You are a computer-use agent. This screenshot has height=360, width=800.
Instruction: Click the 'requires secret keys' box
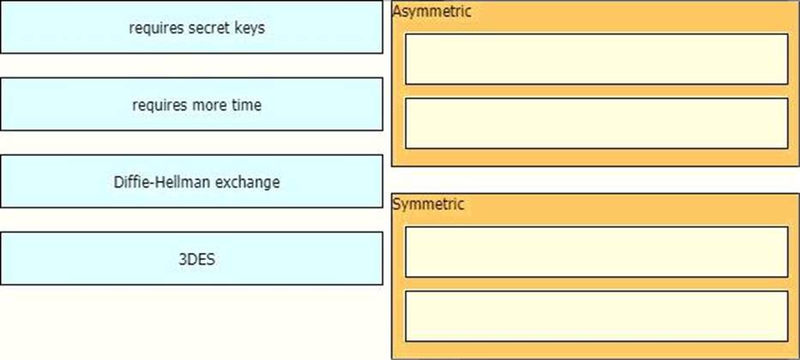point(191,27)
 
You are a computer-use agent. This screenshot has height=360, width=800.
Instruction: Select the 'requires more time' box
point(191,104)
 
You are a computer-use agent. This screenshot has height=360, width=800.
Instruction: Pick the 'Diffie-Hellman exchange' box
point(191,181)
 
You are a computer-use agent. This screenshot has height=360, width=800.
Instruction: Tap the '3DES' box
point(191,259)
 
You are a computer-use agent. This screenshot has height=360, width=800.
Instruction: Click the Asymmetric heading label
point(431,11)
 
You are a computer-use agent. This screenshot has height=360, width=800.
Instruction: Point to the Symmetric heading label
point(428,204)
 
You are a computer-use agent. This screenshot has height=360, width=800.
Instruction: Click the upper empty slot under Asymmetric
point(597,59)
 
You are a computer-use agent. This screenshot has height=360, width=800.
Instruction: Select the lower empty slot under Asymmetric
point(597,123)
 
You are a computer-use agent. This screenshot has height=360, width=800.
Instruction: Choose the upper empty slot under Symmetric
point(597,252)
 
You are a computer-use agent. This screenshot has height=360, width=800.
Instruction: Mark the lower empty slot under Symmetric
point(597,316)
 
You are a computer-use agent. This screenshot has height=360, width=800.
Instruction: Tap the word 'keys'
point(250,28)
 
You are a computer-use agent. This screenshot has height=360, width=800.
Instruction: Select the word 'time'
point(248,105)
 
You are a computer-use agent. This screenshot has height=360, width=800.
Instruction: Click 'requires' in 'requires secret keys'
point(157,28)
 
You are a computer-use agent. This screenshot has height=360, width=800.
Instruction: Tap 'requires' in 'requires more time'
point(160,105)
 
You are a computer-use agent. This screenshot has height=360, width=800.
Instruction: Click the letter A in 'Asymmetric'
point(397,11)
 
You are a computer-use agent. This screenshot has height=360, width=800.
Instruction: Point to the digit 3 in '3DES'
point(182,259)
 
